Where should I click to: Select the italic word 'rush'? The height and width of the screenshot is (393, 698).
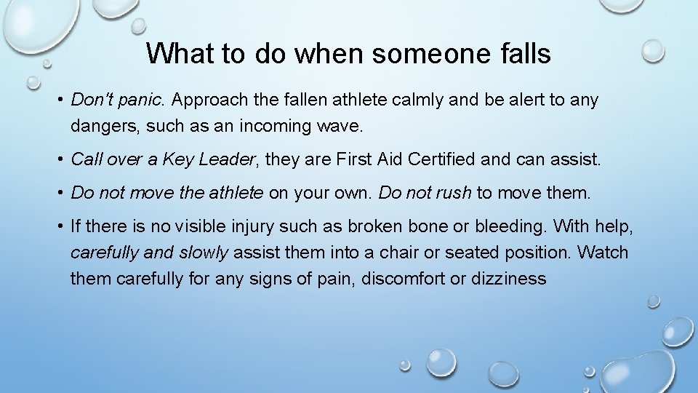[x=454, y=193]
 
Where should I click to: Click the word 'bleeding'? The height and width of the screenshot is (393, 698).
[x=509, y=226]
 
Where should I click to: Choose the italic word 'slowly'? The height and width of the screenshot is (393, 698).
[x=203, y=253]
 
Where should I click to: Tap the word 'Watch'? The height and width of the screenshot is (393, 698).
[x=603, y=253]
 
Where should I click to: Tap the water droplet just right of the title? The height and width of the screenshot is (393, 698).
[x=652, y=50]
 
